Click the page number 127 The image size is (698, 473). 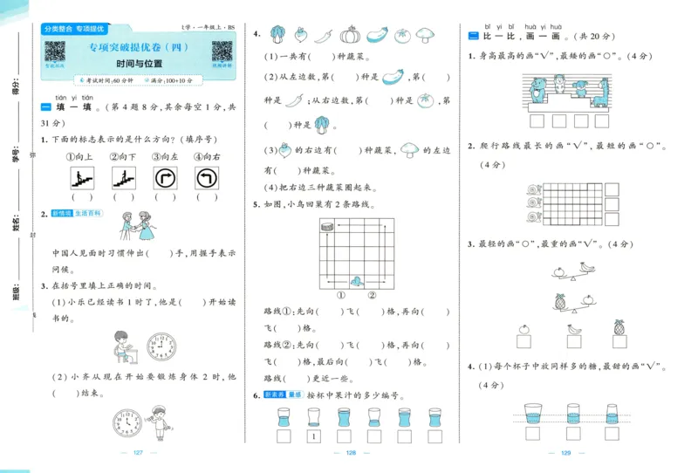pos(138,452)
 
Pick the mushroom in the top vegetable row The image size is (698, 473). pos(425,35)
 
